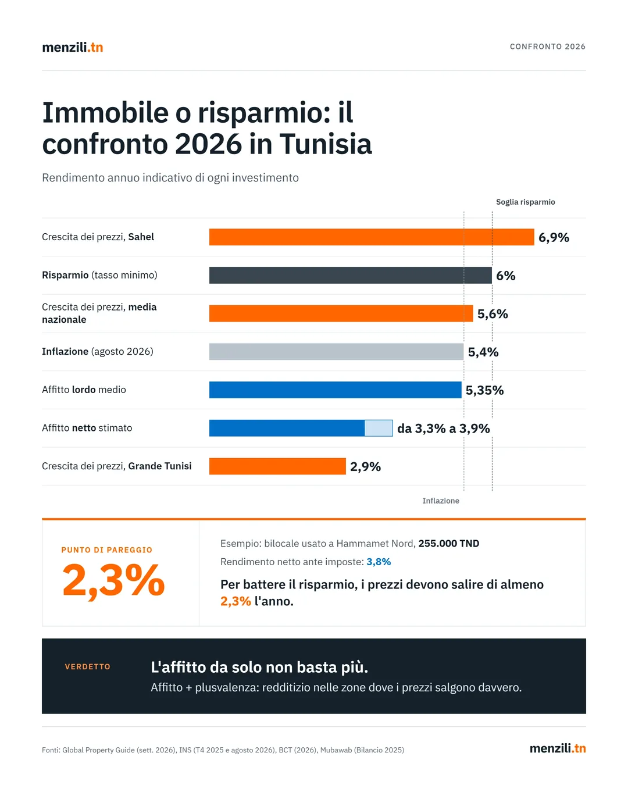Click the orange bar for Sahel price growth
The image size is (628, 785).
tap(372, 237)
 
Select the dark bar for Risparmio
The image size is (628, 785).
tap(350, 276)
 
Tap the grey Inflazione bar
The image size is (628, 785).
tap(337, 352)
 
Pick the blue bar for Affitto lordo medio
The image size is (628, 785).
tap(335, 390)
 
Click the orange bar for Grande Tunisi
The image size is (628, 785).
tap(277, 466)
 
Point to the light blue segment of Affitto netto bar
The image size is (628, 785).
tap(379, 428)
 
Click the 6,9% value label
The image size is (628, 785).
tap(554, 237)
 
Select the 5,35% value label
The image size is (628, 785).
tap(484, 390)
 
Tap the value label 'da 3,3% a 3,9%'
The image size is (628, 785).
tap(443, 429)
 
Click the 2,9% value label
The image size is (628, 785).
tap(365, 466)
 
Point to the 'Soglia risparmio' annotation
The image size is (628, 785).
tap(526, 202)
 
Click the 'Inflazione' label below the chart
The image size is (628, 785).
tap(441, 501)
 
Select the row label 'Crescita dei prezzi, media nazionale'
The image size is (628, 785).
tap(99, 313)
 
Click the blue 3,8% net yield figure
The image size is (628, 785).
tap(379, 562)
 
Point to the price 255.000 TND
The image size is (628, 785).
tap(448, 544)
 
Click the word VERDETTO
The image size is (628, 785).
tap(88, 667)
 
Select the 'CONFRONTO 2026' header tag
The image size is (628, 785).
tap(547, 47)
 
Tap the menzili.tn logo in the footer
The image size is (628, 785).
tap(558, 748)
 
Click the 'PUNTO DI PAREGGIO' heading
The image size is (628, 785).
tap(106, 550)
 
